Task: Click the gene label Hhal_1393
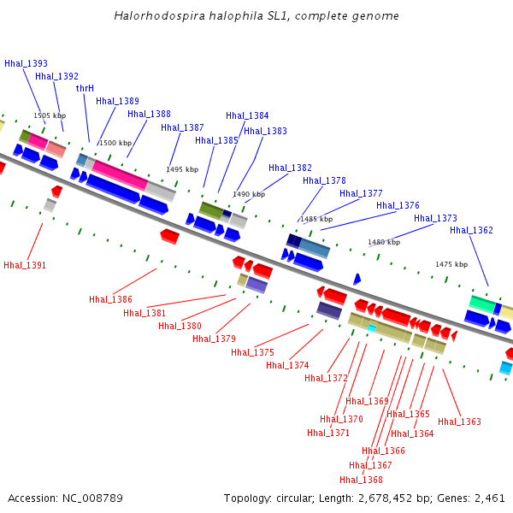pos(26,63)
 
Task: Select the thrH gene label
pos(85,88)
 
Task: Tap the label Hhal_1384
pos(247,115)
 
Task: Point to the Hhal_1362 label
pos(471,230)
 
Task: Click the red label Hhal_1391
pos(25,265)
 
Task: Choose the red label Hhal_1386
pos(110,299)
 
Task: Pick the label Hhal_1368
pos(361,480)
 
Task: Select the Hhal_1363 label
pos(459,422)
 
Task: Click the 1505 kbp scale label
pos(50,115)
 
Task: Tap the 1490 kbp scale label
pos(249,194)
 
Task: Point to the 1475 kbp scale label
pos(451,264)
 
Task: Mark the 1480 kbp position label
pos(384,242)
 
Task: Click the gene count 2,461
pos(490,498)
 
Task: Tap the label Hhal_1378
pos(324,180)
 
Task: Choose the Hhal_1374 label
pos(287,365)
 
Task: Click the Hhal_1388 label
pos(149,114)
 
